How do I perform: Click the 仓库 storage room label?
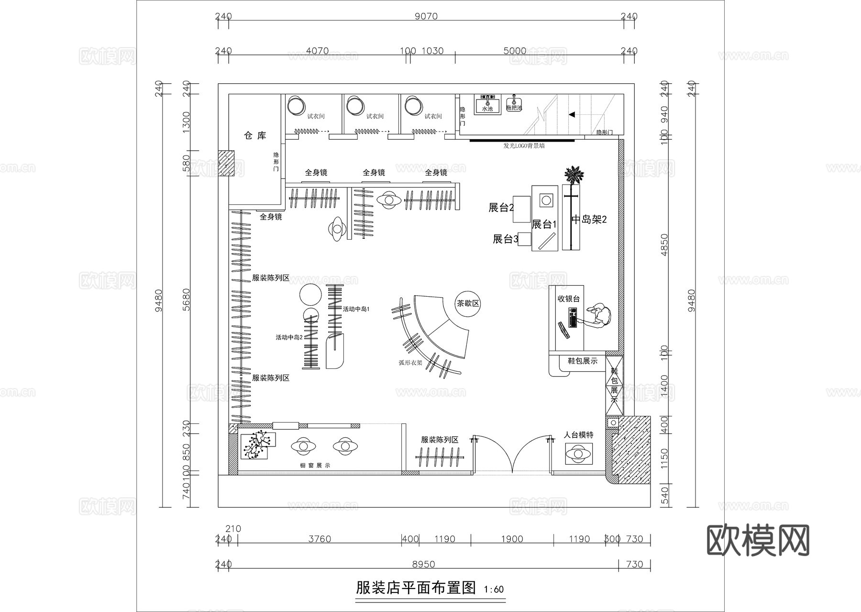point(255,136)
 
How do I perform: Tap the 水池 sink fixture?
point(487,104)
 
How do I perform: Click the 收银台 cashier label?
point(569,299)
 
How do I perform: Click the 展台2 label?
point(501,208)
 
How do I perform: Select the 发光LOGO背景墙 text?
point(524,145)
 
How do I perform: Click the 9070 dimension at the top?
point(426,16)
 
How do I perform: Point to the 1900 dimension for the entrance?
point(512,539)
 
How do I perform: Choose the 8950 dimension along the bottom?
point(423,564)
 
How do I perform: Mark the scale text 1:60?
point(494,590)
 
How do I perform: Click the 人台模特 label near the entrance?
point(578,435)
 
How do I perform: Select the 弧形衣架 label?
point(410,363)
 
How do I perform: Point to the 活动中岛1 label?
point(356,309)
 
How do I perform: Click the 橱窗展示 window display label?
point(315,466)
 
